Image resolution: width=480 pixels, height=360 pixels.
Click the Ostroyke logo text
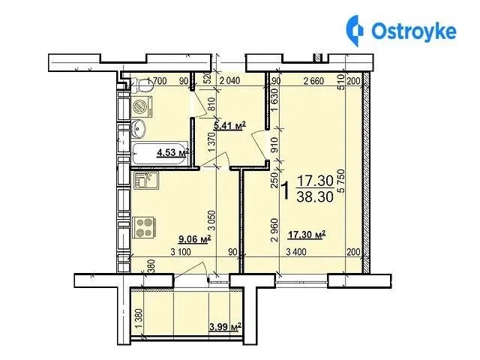pos(414,31)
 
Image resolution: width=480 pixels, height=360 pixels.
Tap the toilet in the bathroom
pos(142,85)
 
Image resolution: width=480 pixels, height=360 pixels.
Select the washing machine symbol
pos(142,106)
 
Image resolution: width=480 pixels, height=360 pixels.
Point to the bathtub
pos(160,153)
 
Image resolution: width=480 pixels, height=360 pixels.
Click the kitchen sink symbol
pos(145,180)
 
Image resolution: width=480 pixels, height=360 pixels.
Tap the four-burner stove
pos(144,228)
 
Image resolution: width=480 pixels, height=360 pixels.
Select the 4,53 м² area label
pos(172,152)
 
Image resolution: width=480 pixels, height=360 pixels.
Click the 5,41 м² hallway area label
pos(229,125)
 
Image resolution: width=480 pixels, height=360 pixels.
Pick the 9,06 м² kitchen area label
pos(195,239)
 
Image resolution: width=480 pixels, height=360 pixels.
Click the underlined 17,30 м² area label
pos(307,235)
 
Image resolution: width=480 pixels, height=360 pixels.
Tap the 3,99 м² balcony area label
pos(225,327)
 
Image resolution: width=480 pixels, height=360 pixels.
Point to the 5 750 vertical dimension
pos(340,181)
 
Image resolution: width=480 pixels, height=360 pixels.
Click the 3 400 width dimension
pos(295,252)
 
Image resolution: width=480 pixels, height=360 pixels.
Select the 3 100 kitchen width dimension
pos(181,252)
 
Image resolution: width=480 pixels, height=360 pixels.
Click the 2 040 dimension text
pos(230,81)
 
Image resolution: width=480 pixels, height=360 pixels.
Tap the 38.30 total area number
pos(315,196)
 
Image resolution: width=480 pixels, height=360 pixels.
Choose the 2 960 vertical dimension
pos(275,230)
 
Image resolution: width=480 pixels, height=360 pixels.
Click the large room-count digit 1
pos(285,190)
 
